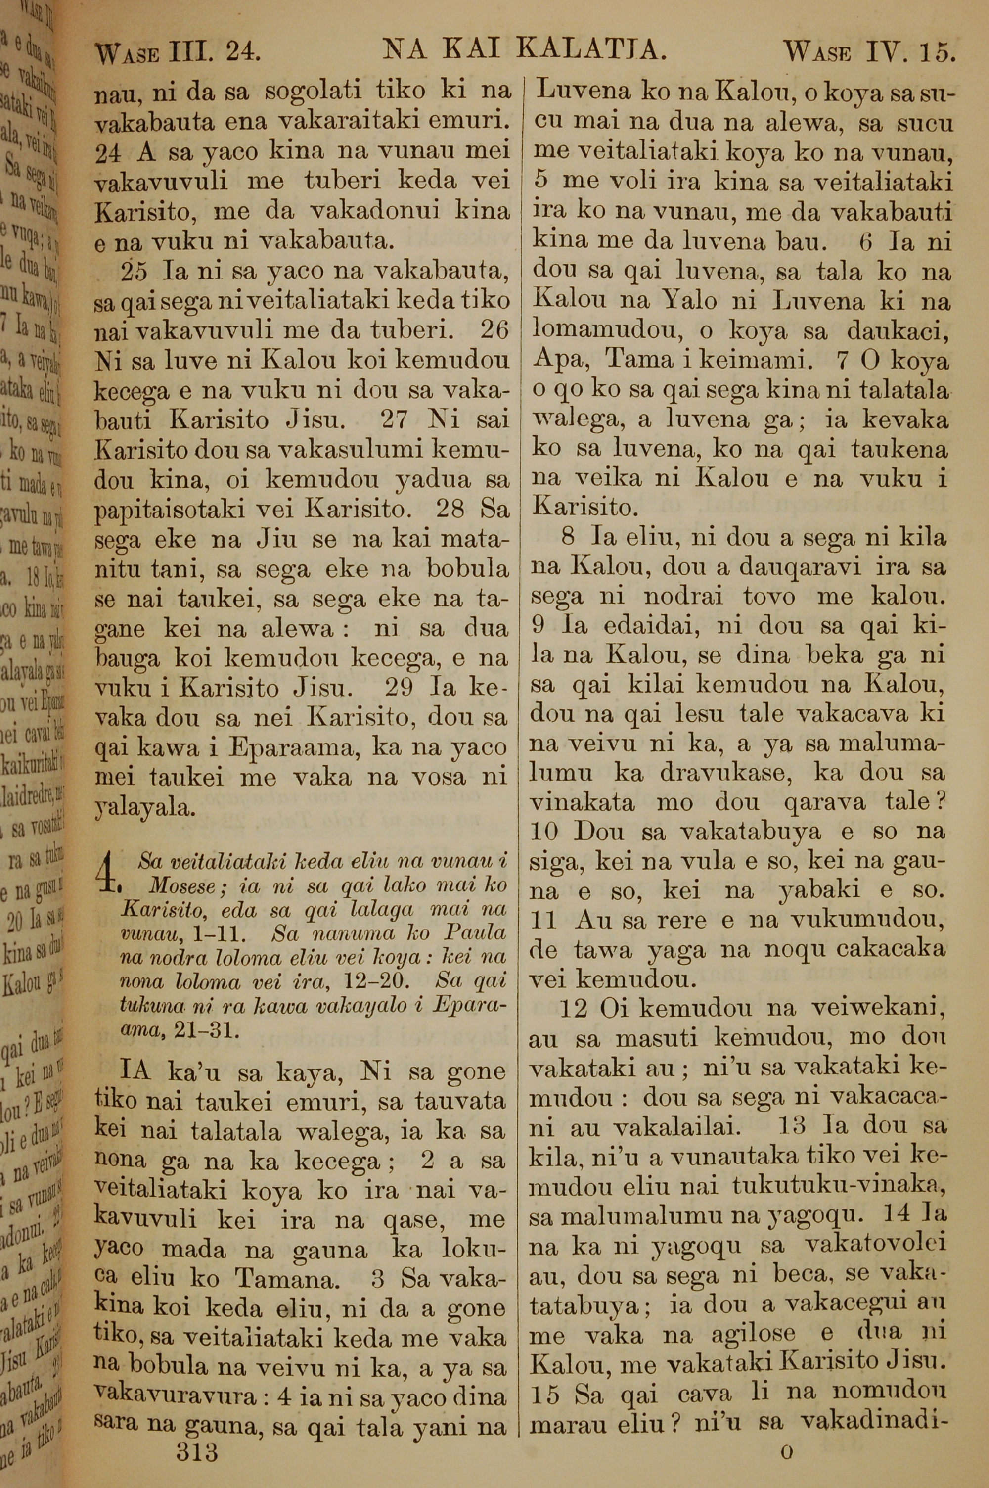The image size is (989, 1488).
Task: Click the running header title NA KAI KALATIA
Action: point(525,50)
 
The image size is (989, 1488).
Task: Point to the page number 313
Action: point(197,1435)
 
